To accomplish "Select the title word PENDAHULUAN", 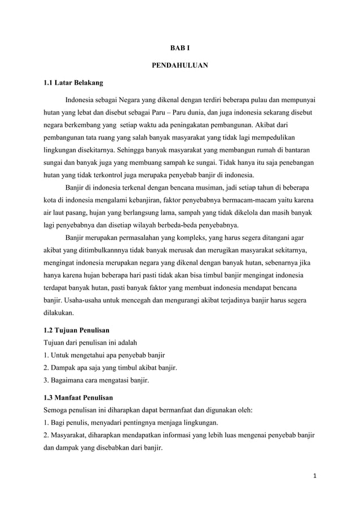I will coord(180,66).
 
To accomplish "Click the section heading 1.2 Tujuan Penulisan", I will coord(77,329).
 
